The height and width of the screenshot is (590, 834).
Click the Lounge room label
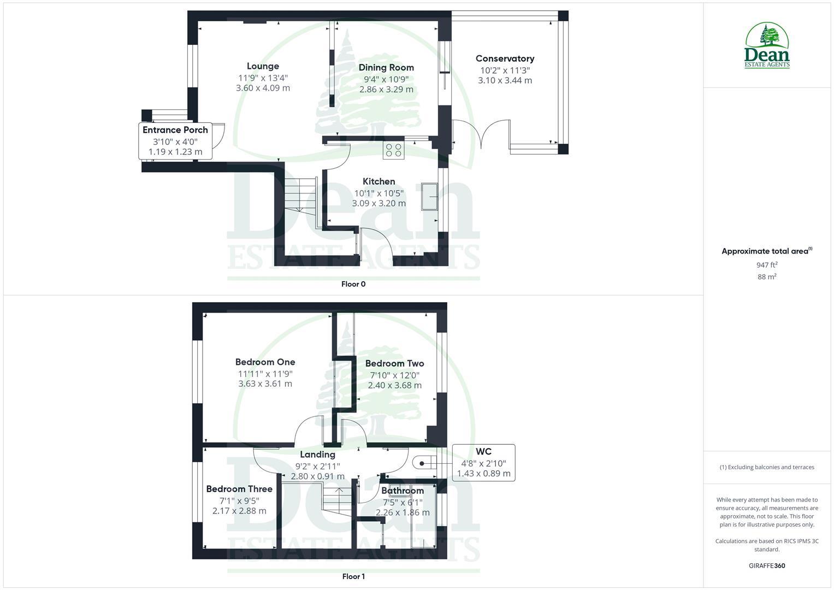pyautogui.click(x=263, y=66)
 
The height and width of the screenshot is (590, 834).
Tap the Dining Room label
pyautogui.click(x=386, y=68)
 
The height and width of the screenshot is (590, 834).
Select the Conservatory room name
pyautogui.click(x=505, y=58)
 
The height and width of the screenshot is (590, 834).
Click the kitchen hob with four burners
pyautogui.click(x=393, y=150)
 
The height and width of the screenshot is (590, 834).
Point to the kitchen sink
pyautogui.click(x=429, y=196)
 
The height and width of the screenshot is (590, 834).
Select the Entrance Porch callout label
pyautogui.click(x=175, y=130)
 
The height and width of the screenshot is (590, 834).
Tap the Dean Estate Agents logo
pyautogui.click(x=767, y=45)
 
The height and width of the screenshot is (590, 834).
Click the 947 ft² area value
pyautogui.click(x=767, y=265)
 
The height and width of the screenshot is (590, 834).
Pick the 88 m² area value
pyautogui.click(x=767, y=277)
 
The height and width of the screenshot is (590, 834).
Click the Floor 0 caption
pyautogui.click(x=353, y=284)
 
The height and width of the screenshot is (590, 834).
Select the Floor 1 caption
pyautogui.click(x=353, y=576)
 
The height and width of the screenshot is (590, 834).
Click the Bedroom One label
pyautogui.click(x=265, y=362)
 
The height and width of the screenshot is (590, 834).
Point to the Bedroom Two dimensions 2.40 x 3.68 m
pyautogui.click(x=394, y=385)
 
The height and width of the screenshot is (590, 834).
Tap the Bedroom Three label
pyautogui.click(x=239, y=489)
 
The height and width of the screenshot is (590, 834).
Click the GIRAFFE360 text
pyautogui.click(x=767, y=566)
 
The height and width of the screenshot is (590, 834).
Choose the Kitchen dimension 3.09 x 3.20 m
pyautogui.click(x=378, y=203)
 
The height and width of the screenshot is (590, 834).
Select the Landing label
pyautogui.click(x=317, y=455)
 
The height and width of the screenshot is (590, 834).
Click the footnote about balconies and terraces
pyautogui.click(x=767, y=467)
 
